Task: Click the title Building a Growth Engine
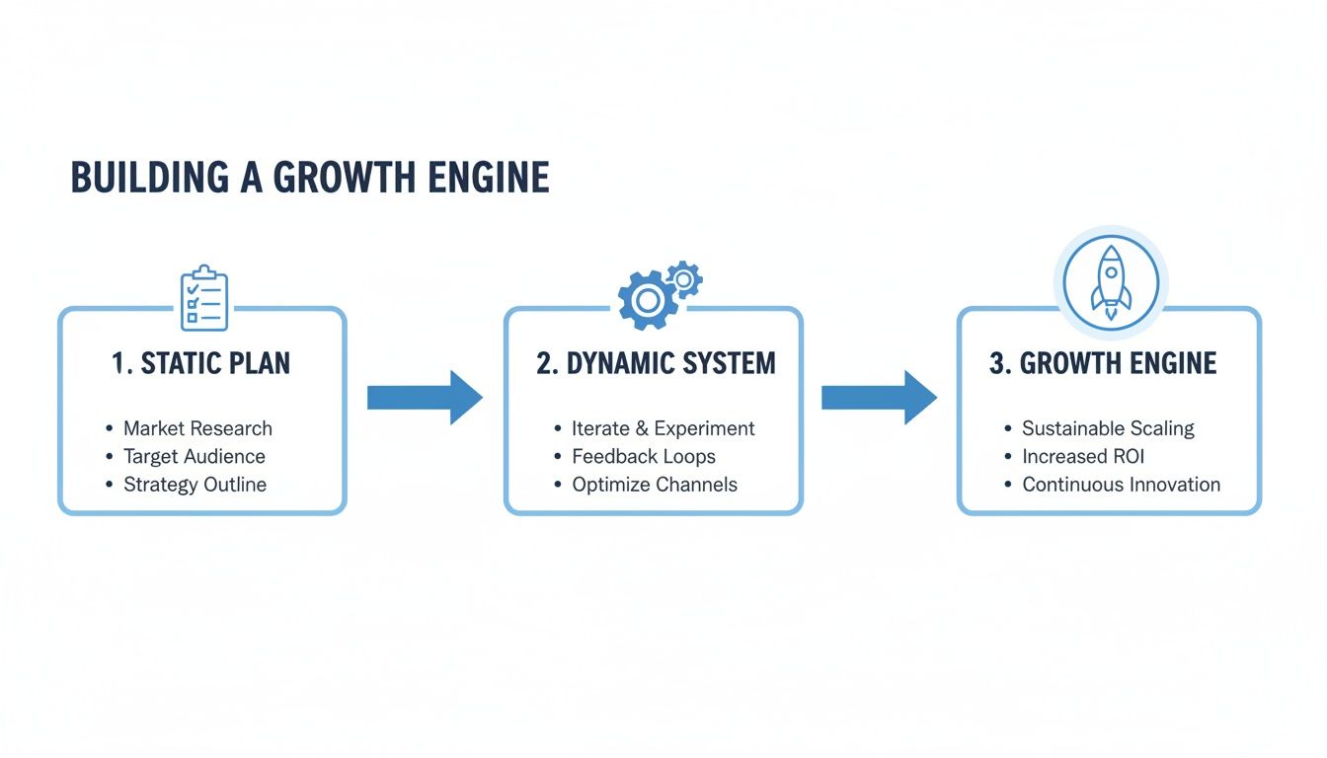[310, 178]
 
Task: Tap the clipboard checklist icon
[204, 298]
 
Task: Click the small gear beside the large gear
[683, 279]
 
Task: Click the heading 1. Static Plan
[201, 363]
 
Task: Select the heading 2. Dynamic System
[656, 363]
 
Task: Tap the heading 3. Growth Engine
[1103, 363]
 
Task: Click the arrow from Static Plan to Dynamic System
[425, 398]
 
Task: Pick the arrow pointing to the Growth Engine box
[879, 398]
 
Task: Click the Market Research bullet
[197, 428]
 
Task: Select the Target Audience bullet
[194, 456]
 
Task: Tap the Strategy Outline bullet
[195, 485]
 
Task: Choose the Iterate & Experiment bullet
[663, 428]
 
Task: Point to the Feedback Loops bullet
[643, 456]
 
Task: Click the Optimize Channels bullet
[654, 485]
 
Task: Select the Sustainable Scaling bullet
[1108, 428]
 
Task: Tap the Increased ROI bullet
[1082, 456]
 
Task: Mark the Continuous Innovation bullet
[1121, 485]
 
